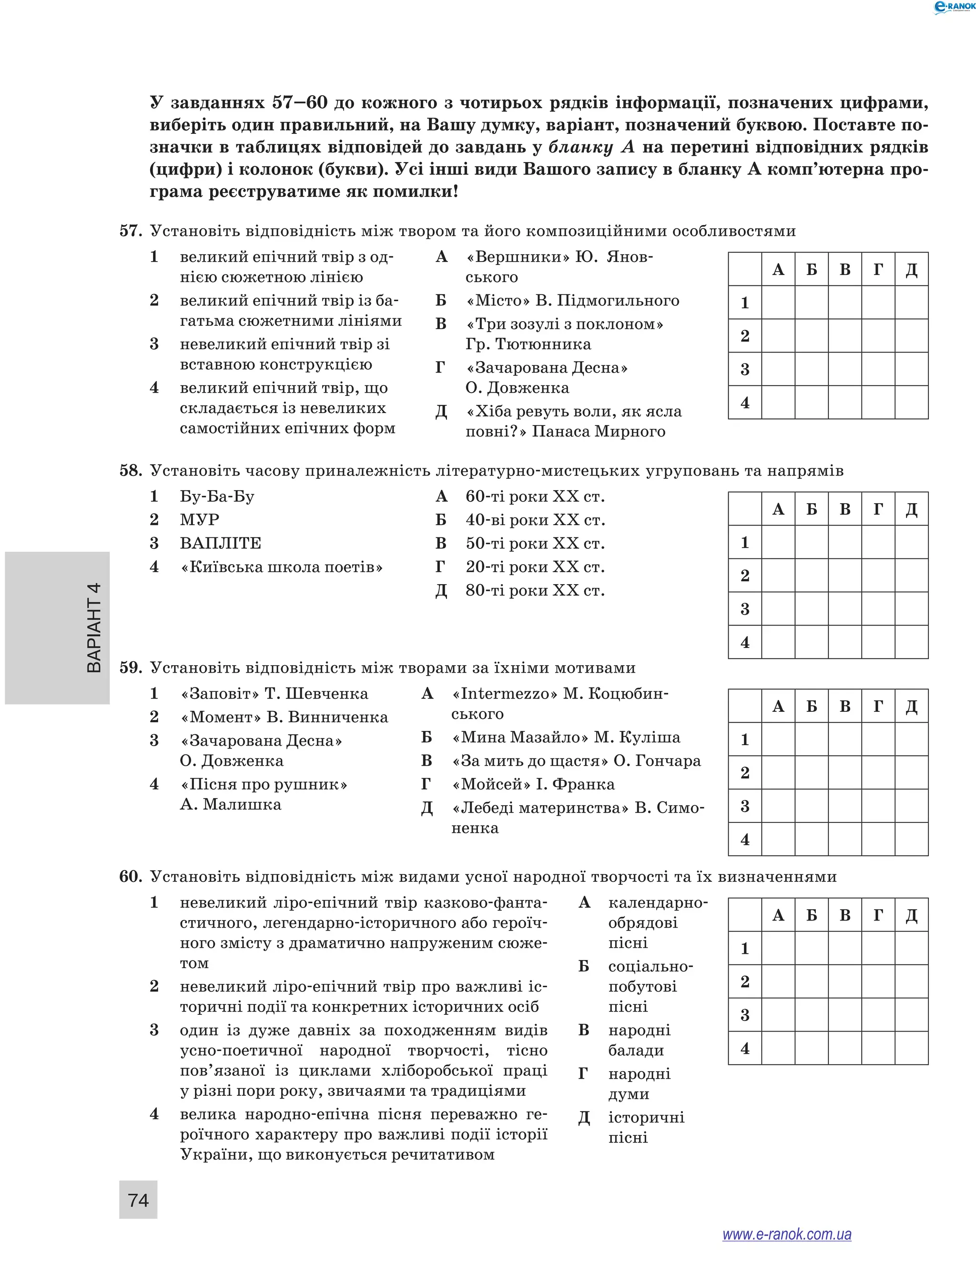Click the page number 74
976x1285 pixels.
138,1200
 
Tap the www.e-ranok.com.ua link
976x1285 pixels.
787,1234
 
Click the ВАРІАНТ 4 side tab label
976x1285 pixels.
93,627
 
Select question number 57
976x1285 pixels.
131,231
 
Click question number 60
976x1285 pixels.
131,877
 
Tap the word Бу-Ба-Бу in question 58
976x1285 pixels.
217,496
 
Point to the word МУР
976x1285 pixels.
199,520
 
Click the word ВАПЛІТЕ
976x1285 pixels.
220,543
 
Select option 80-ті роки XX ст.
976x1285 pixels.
535,591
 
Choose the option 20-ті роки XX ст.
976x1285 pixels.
535,567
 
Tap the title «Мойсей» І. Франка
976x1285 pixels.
533,784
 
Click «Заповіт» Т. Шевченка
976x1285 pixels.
274,694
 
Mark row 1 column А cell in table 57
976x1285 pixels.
778,303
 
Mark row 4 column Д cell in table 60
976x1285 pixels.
911,1048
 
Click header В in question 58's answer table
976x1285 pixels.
844,509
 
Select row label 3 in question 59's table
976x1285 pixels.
745,806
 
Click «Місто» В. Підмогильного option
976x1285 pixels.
572,301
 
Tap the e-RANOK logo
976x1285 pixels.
953,7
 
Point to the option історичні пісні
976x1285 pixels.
646,1127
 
